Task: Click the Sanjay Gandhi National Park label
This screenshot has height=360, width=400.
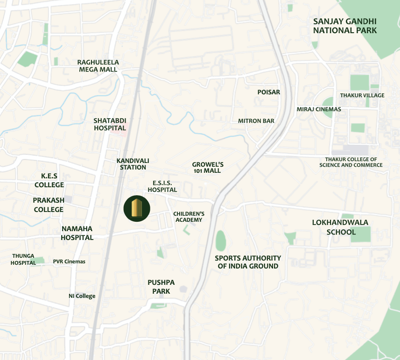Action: pos(345,26)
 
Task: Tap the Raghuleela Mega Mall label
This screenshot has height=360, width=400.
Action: pos(98,66)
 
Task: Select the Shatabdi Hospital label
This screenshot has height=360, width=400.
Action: pos(110,124)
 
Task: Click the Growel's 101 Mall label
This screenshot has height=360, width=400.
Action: pos(208,168)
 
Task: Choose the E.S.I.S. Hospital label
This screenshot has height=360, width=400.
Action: pos(162,186)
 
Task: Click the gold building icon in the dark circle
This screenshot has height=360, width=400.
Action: pos(137,208)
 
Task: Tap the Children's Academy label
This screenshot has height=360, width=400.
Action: pos(189,217)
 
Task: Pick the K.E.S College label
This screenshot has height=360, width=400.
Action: pos(49,180)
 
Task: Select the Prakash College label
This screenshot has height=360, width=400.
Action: pos(49,205)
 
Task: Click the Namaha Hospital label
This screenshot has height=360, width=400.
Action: pos(77,233)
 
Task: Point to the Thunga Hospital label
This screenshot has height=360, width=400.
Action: pos(23,259)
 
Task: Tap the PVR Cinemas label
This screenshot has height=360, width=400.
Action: pos(69,261)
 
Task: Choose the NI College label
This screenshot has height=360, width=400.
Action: pos(82,296)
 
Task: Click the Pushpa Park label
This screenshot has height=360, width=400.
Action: pos(161,287)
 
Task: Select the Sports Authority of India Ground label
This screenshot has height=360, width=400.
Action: pos(248,262)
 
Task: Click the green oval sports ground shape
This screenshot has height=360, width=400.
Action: pos(221,240)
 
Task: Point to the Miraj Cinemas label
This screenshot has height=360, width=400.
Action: pos(319,109)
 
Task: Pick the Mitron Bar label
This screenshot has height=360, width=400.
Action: pos(256,121)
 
